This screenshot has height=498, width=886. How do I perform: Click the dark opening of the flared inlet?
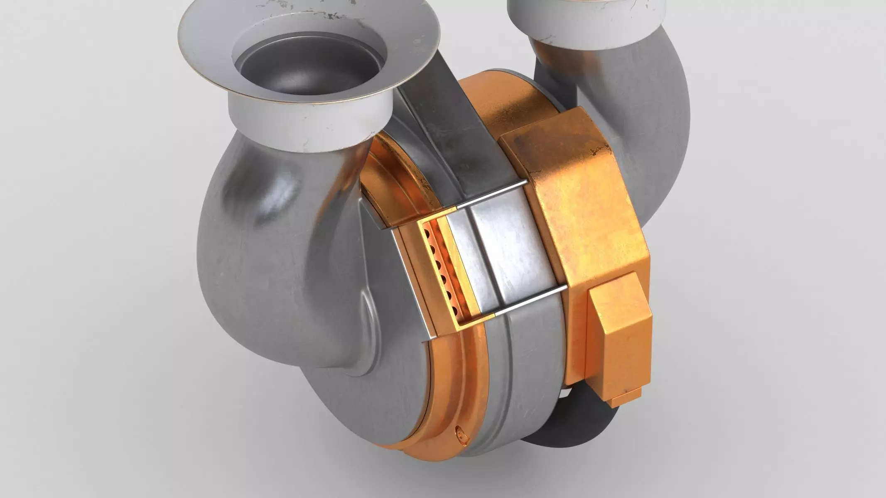pyautogui.click(x=309, y=66)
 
